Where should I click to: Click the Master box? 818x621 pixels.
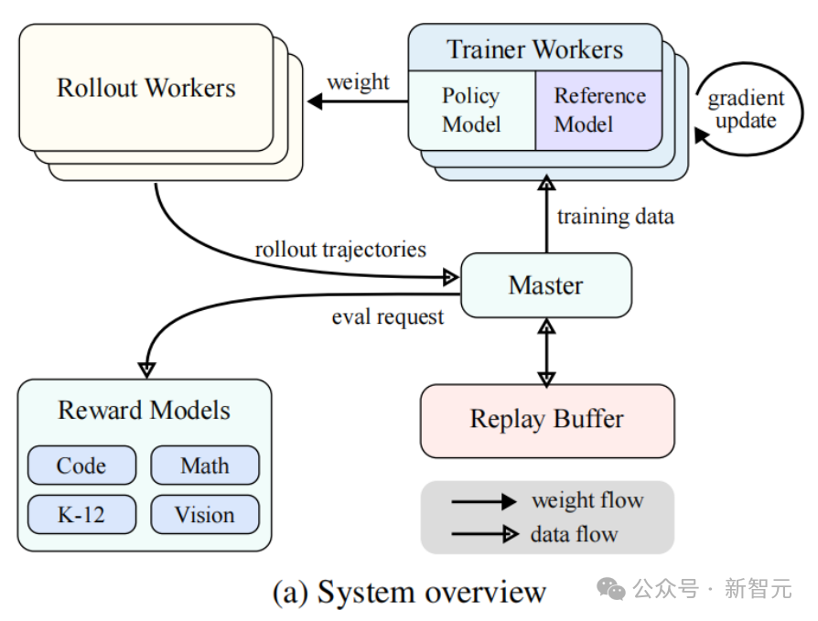545,284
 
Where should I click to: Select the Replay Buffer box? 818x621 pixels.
546,420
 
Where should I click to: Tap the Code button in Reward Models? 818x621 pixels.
81,466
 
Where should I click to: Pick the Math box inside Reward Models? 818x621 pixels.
204,466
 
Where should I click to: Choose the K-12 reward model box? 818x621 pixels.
81,514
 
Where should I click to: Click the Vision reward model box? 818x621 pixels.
204,514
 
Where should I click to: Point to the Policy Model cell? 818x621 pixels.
471,110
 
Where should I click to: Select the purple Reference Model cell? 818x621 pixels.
599,110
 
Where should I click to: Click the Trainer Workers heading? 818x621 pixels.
534,49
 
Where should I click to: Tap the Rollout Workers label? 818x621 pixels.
146,88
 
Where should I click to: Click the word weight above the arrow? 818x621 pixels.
358,81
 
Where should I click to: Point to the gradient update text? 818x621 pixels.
746,110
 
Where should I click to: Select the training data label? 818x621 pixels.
615,217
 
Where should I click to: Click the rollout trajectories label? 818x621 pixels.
340,248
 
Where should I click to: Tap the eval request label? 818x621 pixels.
388,316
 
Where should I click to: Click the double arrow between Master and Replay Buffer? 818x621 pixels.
546,351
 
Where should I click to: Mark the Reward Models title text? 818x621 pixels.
145,410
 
